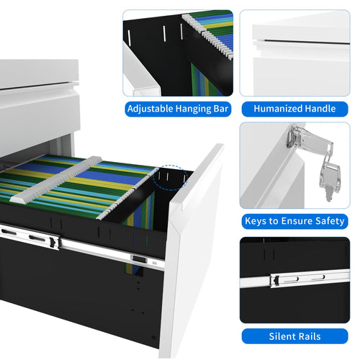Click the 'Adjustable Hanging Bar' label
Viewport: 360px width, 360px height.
click(178, 109)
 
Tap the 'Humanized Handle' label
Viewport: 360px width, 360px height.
click(294, 109)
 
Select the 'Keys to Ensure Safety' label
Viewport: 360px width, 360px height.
click(294, 222)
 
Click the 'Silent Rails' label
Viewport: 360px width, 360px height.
click(294, 336)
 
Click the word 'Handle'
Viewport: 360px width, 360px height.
click(320, 109)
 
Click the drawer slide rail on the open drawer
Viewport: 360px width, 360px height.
click(86, 245)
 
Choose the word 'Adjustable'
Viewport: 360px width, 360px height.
click(150, 109)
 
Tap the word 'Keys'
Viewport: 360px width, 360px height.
click(258, 222)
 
